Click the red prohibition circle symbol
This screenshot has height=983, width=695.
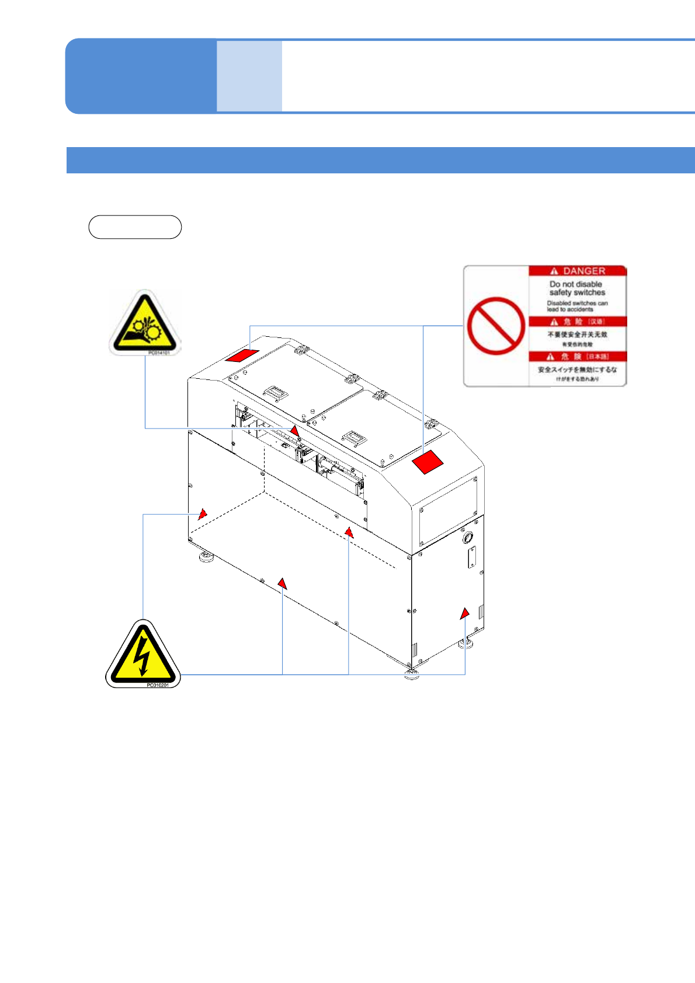[x=496, y=326]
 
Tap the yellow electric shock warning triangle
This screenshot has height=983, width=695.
[x=143, y=654]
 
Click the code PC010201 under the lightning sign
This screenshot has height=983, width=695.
[x=157, y=685]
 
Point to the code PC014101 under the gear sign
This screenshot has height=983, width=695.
[x=159, y=353]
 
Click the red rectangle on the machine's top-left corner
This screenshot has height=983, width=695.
[x=242, y=355]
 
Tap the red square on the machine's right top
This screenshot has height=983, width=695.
[x=428, y=462]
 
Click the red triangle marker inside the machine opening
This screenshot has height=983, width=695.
[x=295, y=431]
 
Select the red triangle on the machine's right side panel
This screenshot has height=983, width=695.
[x=464, y=613]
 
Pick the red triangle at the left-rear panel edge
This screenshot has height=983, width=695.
[x=202, y=514]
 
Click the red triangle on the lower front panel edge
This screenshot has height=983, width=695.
[x=282, y=583]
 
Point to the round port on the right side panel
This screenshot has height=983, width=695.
[x=467, y=536]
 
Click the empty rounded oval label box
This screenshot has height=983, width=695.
[x=135, y=227]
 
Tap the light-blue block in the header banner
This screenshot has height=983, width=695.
[x=249, y=76]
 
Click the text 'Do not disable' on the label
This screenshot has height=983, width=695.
[x=576, y=284]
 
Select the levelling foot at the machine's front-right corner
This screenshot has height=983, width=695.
[x=412, y=675]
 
